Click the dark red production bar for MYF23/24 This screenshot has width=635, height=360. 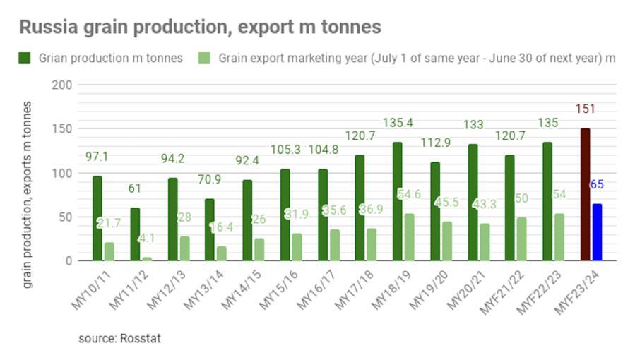point(585,195)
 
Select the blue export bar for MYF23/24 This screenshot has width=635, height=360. point(597,232)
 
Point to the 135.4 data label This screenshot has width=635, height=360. point(398,123)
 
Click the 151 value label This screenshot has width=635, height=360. point(584,109)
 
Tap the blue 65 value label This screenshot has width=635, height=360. point(597,186)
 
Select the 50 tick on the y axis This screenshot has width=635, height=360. point(66,217)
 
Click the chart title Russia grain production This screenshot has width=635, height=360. point(200,28)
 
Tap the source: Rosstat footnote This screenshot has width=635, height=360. point(119,338)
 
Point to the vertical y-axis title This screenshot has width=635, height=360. point(28,194)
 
